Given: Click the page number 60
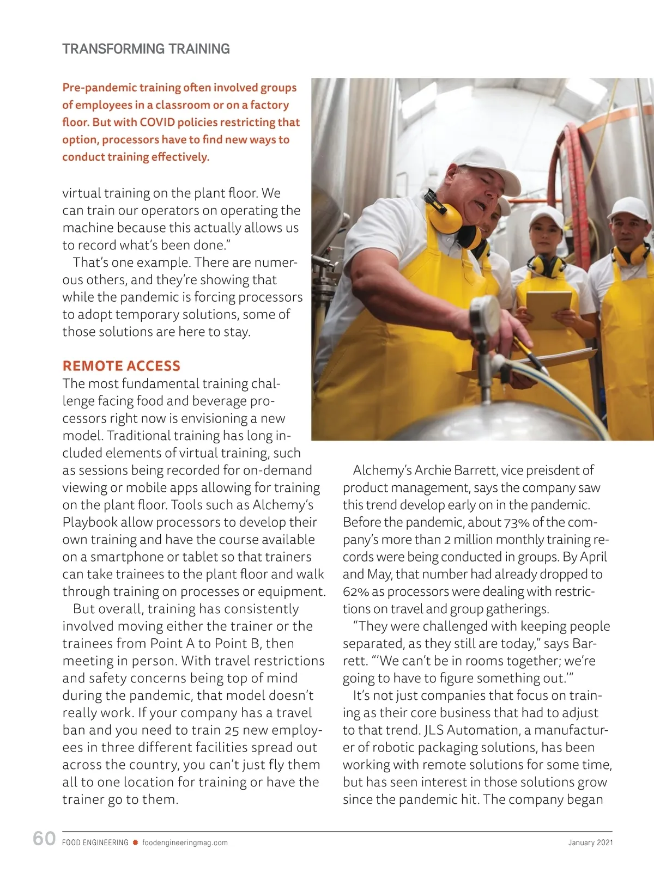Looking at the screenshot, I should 44,839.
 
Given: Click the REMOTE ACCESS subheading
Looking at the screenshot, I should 121,366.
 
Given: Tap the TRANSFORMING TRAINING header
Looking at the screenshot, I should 146,49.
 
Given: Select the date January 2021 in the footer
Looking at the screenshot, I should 590,843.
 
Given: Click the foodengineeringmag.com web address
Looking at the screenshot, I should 185,843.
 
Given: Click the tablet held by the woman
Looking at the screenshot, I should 548,309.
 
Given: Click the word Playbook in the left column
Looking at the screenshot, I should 89,522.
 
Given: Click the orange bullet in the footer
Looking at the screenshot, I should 135,843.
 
